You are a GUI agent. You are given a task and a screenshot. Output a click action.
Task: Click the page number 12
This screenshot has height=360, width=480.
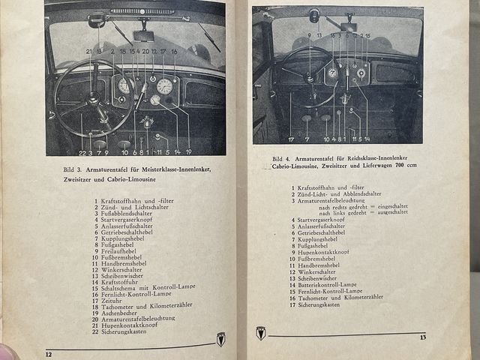[x=49, y=354]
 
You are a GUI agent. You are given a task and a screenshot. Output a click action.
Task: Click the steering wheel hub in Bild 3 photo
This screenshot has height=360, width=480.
[x=92, y=99]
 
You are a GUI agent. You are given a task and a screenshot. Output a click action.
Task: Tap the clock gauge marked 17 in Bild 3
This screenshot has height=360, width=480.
[x=164, y=86]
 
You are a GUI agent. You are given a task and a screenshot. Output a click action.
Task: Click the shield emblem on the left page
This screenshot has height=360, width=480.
[x=221, y=339]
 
